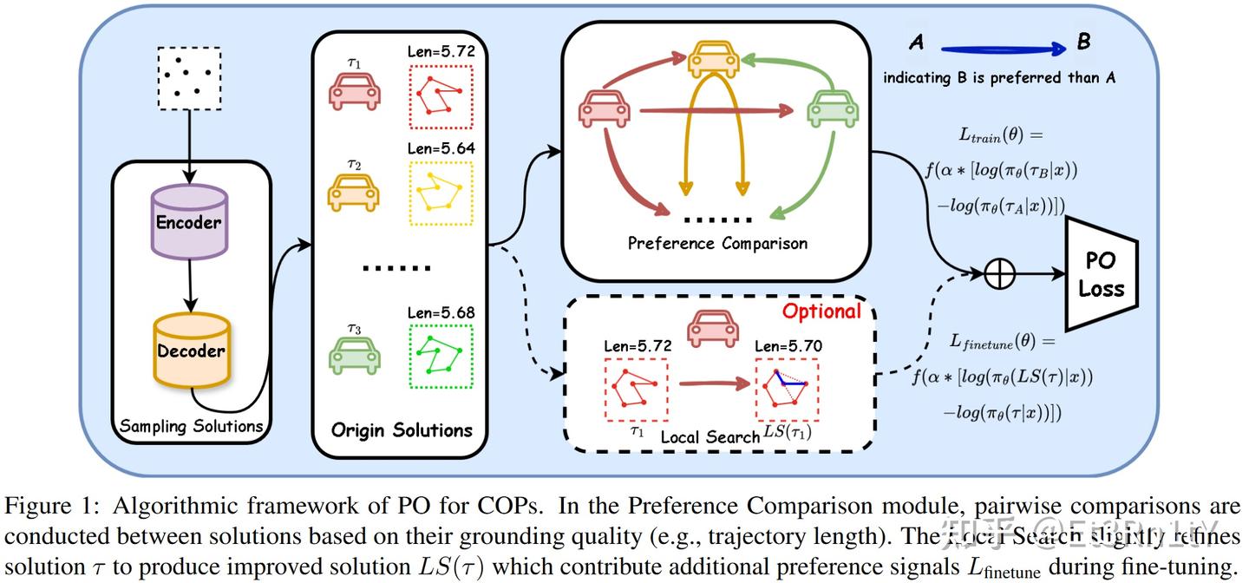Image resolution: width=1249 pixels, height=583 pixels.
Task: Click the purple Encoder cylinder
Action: (x=189, y=222)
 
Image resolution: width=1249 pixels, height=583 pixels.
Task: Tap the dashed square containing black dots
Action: (x=189, y=77)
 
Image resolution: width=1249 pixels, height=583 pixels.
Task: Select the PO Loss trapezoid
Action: (x=1100, y=273)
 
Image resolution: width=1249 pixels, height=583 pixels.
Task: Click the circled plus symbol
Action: (x=1000, y=274)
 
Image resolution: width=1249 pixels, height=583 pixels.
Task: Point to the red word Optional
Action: (x=821, y=311)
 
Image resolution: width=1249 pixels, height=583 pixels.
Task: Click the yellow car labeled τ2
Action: (x=353, y=193)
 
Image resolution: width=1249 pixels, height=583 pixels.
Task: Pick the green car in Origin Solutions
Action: (x=353, y=355)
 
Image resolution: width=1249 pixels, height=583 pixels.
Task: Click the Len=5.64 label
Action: (x=441, y=148)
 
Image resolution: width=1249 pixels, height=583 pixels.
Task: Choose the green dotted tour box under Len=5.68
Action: (x=441, y=357)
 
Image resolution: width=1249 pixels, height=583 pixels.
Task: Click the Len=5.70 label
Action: (x=788, y=347)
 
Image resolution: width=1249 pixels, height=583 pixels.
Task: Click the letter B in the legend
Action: (x=1083, y=41)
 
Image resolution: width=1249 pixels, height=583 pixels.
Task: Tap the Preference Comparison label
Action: (x=717, y=244)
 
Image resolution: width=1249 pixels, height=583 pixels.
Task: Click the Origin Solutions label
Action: (x=402, y=430)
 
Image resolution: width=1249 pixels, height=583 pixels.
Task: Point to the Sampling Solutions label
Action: (x=191, y=426)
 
